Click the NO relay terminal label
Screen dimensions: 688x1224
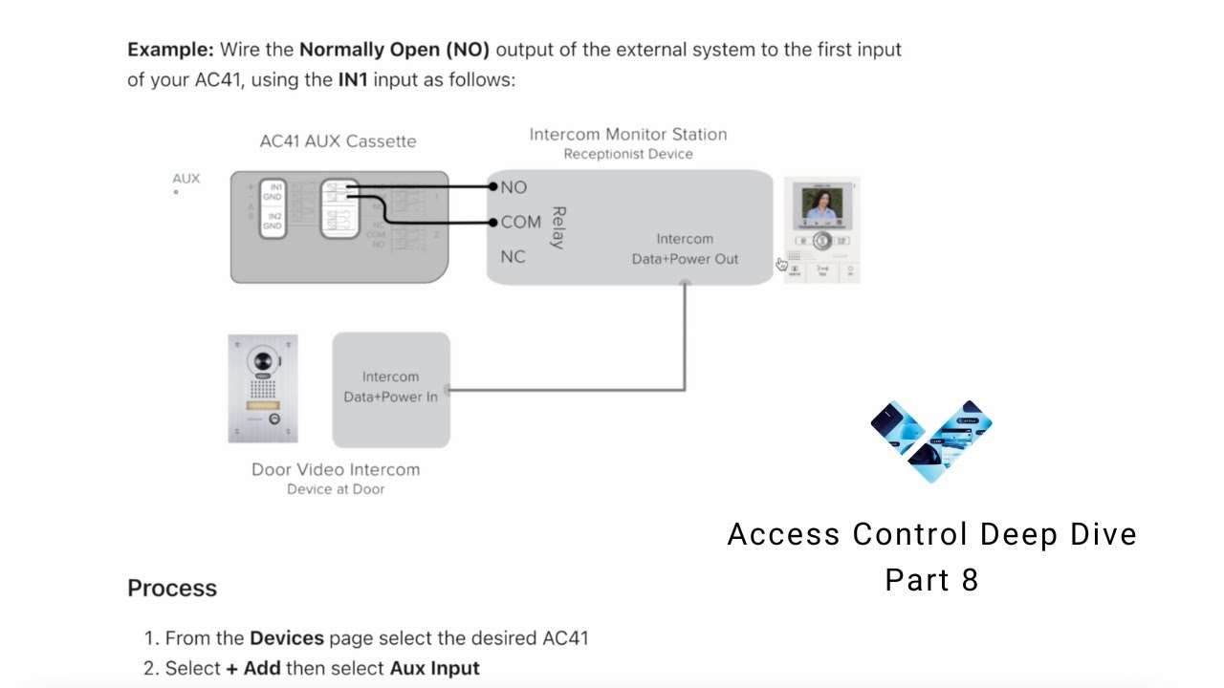point(514,187)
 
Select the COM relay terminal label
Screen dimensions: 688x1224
point(520,222)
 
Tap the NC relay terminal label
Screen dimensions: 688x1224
point(514,257)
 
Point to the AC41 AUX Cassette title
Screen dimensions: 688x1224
point(338,141)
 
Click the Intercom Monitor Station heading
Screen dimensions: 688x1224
point(627,135)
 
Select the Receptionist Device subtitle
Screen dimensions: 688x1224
point(627,154)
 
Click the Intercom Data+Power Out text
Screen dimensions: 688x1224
point(685,248)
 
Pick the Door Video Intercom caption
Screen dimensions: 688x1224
point(335,469)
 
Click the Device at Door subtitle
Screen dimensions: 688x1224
point(335,489)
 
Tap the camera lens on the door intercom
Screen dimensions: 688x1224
point(262,362)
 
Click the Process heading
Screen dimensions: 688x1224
point(172,589)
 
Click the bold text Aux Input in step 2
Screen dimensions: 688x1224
point(434,668)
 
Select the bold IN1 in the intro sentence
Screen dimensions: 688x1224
point(353,79)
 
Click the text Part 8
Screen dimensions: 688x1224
point(931,580)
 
